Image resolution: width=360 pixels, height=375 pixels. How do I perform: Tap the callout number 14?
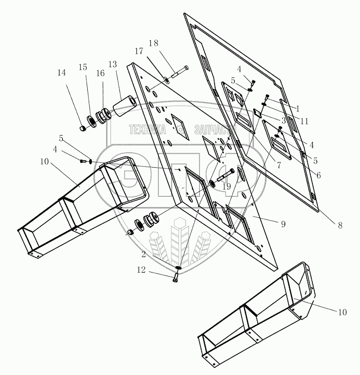[61, 73]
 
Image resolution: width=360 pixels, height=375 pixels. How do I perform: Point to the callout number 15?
[83, 67]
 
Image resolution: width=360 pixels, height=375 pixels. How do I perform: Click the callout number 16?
[101, 73]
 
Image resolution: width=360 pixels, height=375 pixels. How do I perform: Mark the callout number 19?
[226, 186]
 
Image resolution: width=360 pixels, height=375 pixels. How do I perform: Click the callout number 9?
[283, 224]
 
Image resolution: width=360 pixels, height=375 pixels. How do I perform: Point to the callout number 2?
[143, 254]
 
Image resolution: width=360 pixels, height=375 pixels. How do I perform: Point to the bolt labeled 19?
[226, 175]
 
